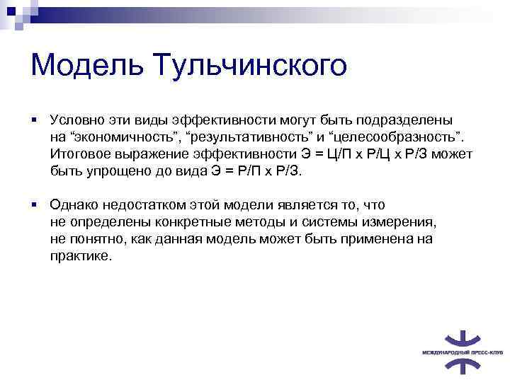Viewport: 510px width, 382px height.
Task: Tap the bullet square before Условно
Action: [34, 120]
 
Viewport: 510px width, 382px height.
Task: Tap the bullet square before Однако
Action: [34, 205]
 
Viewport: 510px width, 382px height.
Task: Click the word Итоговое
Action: [79, 154]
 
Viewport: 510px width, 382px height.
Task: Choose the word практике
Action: [81, 256]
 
